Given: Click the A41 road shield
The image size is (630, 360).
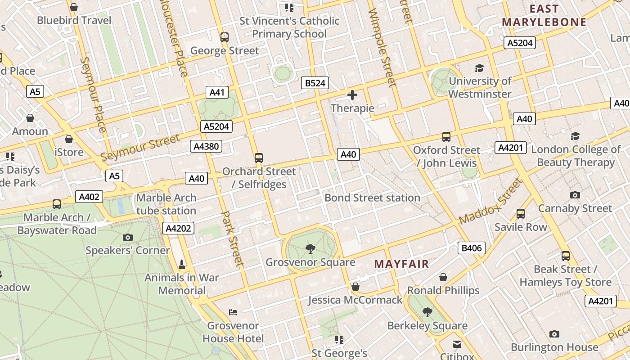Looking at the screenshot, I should [216, 93].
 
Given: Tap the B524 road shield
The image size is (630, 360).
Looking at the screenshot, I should [315, 83].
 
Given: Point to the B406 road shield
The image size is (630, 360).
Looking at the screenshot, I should [472, 247].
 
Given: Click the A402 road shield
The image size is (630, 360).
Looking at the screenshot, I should [89, 197].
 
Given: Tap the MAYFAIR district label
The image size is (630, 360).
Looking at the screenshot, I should [401, 264].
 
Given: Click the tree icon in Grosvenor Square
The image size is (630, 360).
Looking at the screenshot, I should [310, 248].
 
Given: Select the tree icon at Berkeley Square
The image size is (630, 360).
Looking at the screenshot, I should [427, 312].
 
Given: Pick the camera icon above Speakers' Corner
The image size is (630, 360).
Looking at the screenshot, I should [128, 237].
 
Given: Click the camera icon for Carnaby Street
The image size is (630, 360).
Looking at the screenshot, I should [575, 195].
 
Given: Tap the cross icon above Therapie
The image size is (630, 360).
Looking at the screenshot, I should [352, 95].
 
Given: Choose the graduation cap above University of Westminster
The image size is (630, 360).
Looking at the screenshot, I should [479, 68].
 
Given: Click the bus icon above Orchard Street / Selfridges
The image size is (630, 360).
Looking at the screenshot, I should [258, 158].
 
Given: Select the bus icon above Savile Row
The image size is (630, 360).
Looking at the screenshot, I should [521, 214].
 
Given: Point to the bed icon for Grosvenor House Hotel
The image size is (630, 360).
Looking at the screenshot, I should [233, 312].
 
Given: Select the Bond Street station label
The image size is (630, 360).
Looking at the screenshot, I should [372, 198].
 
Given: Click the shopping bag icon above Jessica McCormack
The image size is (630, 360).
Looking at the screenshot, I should [355, 287].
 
